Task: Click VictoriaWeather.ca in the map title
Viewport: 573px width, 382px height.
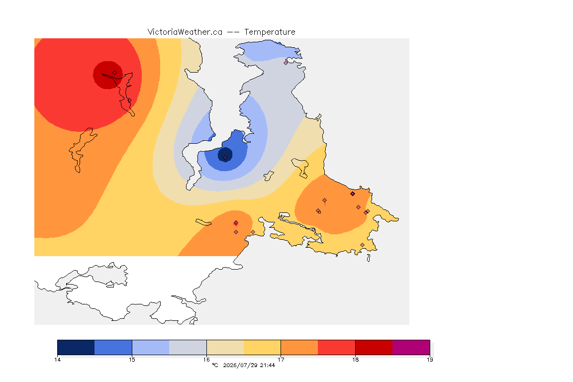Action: [x=185, y=32]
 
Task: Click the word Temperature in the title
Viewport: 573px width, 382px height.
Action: [x=270, y=32]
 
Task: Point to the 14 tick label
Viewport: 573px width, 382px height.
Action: [x=57, y=360]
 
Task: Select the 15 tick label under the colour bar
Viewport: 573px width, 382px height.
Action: [x=132, y=360]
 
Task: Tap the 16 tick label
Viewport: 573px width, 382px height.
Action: [x=206, y=360]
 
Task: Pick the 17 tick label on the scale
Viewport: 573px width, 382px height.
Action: [x=281, y=360]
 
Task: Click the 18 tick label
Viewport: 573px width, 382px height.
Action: [x=355, y=360]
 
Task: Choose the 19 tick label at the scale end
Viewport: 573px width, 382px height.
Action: [x=430, y=360]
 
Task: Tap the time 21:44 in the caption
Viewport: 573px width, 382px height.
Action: [x=268, y=365]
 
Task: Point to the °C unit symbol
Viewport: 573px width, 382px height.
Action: [x=215, y=365]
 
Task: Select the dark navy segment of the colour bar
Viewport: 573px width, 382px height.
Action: [x=76, y=347]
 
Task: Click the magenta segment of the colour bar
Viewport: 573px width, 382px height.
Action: [x=411, y=347]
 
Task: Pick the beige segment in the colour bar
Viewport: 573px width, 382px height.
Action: [x=225, y=347]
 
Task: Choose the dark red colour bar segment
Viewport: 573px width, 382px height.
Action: [x=374, y=347]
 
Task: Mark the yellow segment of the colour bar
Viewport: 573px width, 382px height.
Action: [x=262, y=347]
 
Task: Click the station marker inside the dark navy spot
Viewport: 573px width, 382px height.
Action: [x=225, y=158]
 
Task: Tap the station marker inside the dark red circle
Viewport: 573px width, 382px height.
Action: [x=115, y=73]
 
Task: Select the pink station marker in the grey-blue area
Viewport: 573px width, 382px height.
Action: [x=286, y=63]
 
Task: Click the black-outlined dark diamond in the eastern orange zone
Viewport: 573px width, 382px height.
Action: [x=353, y=194]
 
